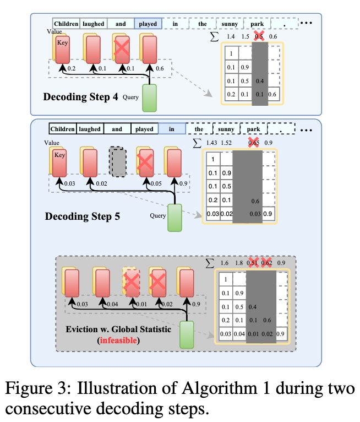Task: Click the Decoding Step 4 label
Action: tap(80, 98)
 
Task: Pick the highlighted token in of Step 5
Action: tap(172, 129)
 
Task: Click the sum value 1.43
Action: tap(212, 143)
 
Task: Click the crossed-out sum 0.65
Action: tap(254, 143)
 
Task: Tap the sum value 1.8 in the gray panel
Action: tap(239, 263)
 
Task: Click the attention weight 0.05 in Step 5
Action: tap(156, 183)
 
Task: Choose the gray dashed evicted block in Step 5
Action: tap(117, 160)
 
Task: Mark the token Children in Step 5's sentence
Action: tap(62, 129)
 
